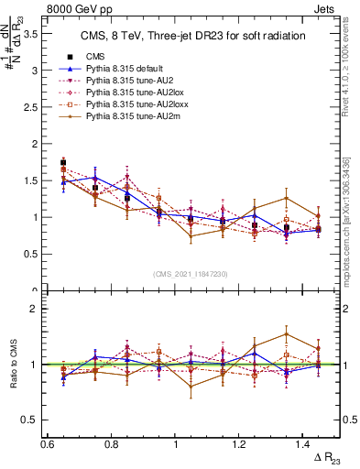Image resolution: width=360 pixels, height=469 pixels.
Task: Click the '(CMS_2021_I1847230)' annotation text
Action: [x=191, y=273]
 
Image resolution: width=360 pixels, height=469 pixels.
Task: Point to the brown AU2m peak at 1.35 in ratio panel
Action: [x=287, y=334]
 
